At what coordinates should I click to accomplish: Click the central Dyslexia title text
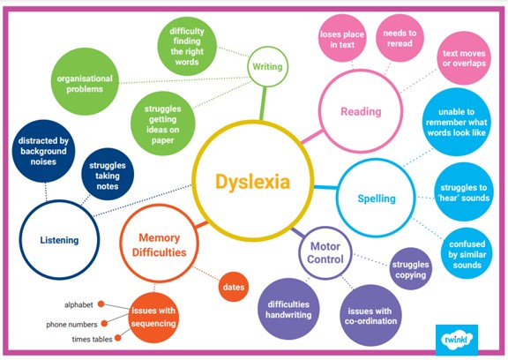(252, 182)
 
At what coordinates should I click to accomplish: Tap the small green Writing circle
(267, 47)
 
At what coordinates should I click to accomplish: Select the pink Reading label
(361, 111)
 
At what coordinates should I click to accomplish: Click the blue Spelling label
(377, 199)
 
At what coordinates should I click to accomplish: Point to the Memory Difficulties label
(159, 245)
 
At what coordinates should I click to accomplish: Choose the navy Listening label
(59, 240)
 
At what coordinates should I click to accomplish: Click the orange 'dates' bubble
(234, 287)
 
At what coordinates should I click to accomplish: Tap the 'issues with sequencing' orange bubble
(153, 318)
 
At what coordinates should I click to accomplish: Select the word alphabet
(78, 305)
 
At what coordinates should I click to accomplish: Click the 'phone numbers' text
(71, 325)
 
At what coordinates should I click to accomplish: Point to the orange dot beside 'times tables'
(118, 338)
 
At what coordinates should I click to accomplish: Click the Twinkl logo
(457, 339)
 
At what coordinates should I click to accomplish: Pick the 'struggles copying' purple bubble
(410, 268)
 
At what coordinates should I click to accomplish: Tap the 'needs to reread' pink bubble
(400, 38)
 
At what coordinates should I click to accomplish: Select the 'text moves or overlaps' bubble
(464, 58)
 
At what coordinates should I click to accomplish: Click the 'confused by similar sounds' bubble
(467, 254)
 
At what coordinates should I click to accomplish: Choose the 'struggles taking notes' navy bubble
(108, 176)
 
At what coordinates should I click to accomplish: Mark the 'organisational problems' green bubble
(85, 84)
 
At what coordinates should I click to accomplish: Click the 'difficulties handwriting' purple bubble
(288, 310)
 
